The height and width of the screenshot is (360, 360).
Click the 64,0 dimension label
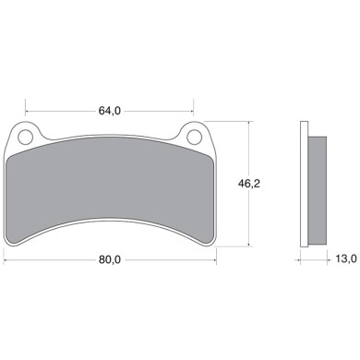(110, 112)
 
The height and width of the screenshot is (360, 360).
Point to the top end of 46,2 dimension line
(248, 123)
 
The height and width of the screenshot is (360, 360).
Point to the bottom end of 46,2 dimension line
(248, 246)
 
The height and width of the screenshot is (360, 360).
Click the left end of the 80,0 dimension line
(5, 261)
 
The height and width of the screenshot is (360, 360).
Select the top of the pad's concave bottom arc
(110, 220)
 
